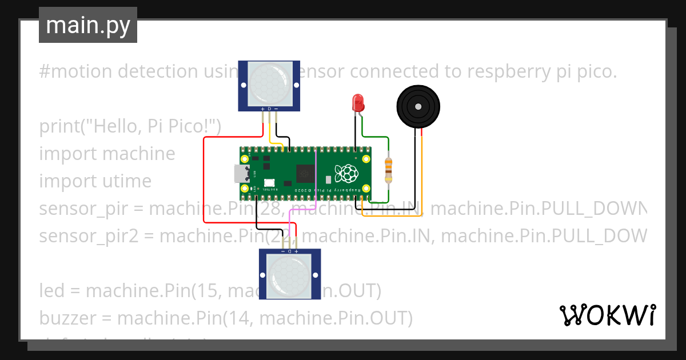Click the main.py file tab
[x=87, y=25]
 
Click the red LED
[x=358, y=103]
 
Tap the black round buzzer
[x=419, y=106]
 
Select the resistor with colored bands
[x=389, y=170]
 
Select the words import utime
[x=95, y=181]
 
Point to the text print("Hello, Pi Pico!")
[x=130, y=126]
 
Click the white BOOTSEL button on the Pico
[x=269, y=183]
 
